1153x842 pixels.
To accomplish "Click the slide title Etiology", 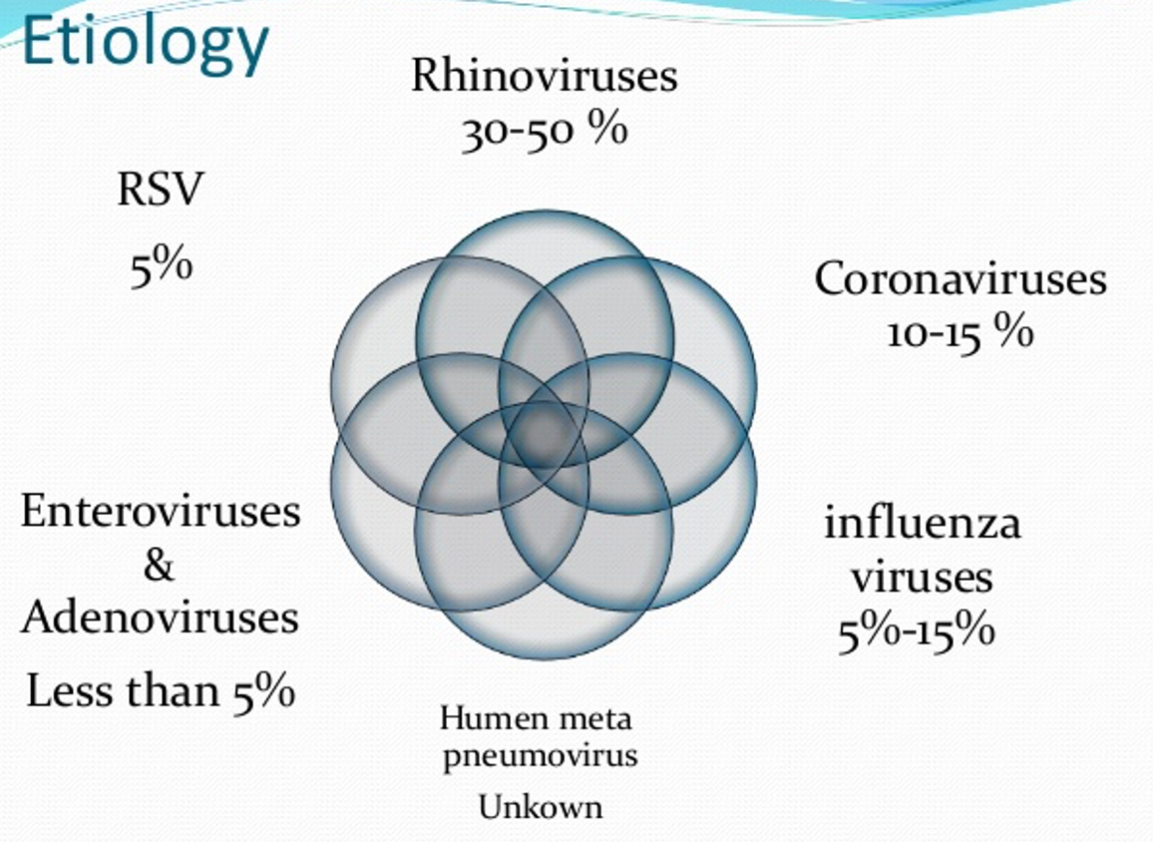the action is [x=146, y=43].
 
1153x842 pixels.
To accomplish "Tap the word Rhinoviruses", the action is [x=545, y=75].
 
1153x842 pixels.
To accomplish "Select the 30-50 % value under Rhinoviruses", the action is [x=545, y=132].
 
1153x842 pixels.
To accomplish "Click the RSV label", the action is [x=160, y=189].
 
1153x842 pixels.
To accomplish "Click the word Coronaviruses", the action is [x=961, y=279].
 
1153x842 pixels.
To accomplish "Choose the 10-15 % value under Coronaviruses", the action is [x=961, y=332].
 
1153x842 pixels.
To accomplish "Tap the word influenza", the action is [x=923, y=524].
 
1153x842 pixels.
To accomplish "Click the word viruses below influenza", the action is [x=923, y=577].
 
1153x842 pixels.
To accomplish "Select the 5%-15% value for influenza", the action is [x=917, y=631].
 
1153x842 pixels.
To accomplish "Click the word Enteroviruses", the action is [x=161, y=511].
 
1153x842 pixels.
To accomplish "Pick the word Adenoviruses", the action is [x=161, y=617].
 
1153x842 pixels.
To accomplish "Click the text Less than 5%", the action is [x=161, y=691].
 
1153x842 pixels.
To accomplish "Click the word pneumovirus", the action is [x=540, y=756].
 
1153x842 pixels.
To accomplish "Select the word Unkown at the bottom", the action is [x=541, y=807].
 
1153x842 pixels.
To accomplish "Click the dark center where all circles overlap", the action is [x=543, y=434].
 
